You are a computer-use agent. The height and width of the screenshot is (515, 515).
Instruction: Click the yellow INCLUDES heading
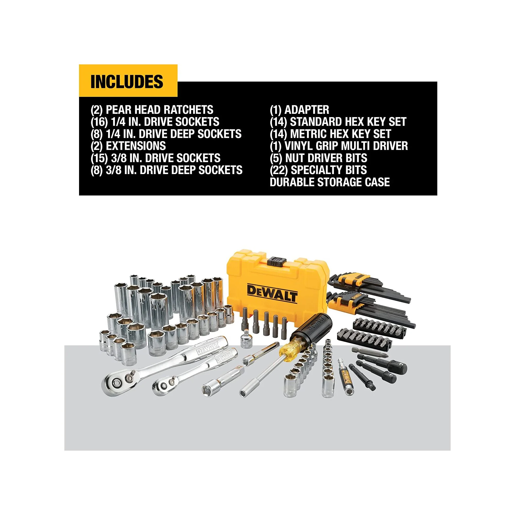[x=127, y=81]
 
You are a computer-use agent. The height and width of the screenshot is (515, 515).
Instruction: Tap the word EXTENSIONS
[x=136, y=146]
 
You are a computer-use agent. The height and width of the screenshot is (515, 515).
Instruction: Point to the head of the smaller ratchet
[x=166, y=385]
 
